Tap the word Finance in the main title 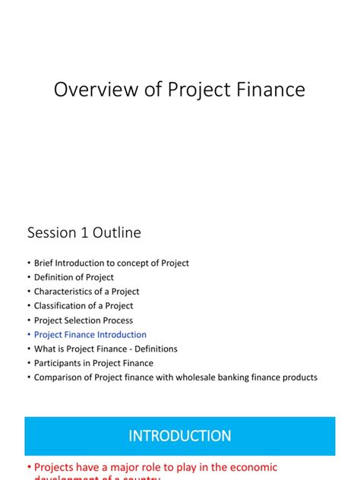click(270, 90)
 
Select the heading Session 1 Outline click(84, 232)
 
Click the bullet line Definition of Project click(74, 277)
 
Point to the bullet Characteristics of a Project click(87, 292)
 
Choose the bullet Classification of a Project click(84, 306)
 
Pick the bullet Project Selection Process click(84, 321)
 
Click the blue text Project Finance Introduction click(90, 335)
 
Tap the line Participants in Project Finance click(93, 363)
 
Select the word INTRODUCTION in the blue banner click(180, 437)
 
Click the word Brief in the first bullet click(45, 263)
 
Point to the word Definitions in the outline click(156, 349)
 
